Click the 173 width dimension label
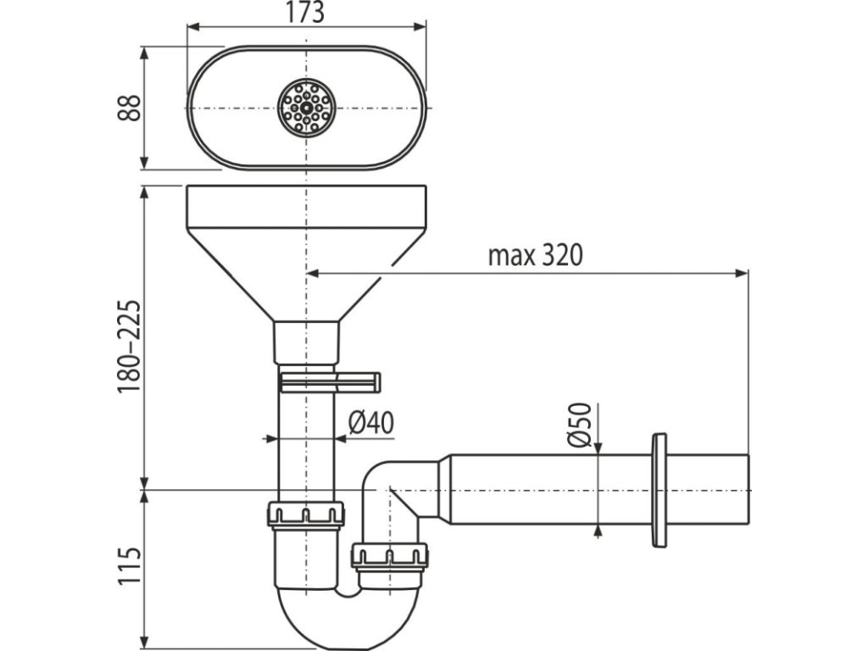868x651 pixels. [x=305, y=13]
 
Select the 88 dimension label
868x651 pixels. [x=127, y=108]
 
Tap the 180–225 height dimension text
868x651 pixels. [x=127, y=346]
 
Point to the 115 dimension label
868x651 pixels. [x=127, y=566]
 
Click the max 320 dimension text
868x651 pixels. [x=535, y=255]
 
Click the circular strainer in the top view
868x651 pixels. [x=306, y=108]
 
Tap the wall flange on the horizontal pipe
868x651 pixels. [x=659, y=490]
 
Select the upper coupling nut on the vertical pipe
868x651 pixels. [x=306, y=514]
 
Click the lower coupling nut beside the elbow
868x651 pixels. [x=389, y=557]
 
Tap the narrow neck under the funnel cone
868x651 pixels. [x=306, y=343]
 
